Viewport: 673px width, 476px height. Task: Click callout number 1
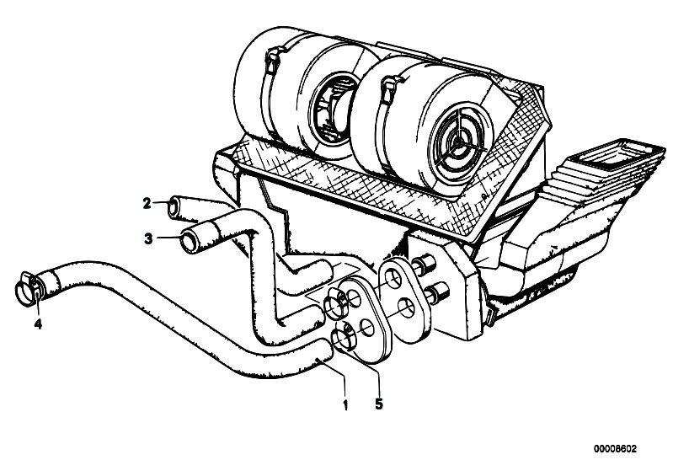[345, 404]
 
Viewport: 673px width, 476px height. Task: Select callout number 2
[147, 203]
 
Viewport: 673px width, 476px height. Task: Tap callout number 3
[148, 238]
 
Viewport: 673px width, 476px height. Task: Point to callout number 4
[38, 324]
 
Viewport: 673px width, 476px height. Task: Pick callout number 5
[378, 404]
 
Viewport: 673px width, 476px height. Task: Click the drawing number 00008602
[616, 449]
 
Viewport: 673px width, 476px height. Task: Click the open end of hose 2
[173, 208]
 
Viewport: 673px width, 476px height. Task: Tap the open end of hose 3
[189, 242]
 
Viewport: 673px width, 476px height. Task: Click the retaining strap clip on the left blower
[274, 60]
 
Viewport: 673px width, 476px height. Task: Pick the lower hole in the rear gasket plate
[407, 309]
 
